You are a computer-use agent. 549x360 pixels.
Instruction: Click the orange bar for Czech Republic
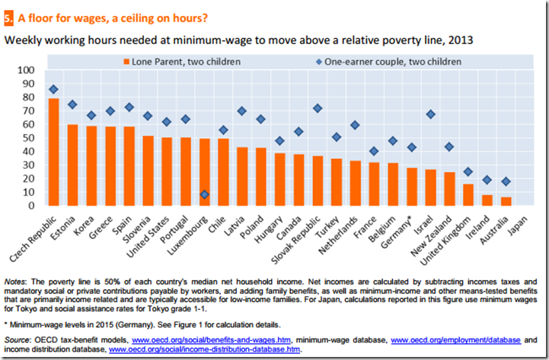[53, 152]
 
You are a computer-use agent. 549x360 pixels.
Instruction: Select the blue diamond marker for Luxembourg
[204, 195]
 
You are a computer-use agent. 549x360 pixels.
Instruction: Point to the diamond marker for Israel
[430, 114]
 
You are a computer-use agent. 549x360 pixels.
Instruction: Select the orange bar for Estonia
[72, 165]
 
